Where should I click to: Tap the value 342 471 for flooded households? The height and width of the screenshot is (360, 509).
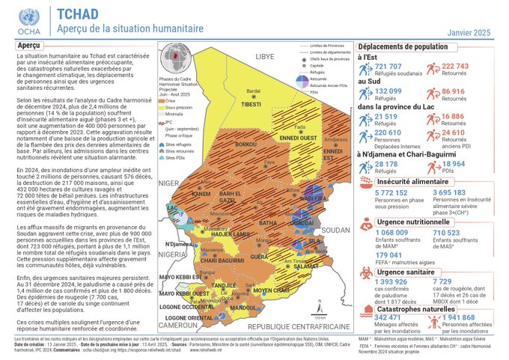tap(378, 317)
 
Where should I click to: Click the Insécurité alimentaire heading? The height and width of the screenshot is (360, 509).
tap(411, 180)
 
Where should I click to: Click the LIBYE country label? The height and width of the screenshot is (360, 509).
tap(266, 55)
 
